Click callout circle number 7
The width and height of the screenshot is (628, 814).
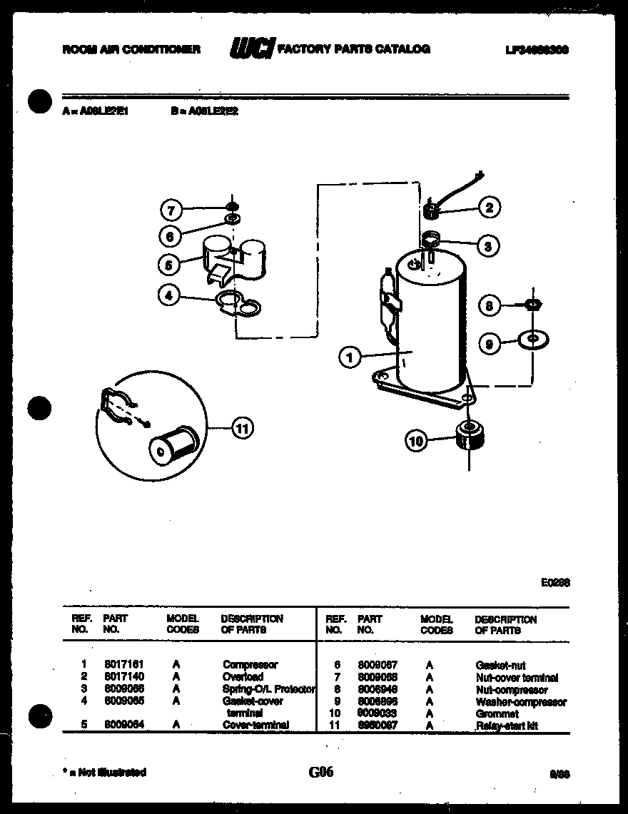point(171,210)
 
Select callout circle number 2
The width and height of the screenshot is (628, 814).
point(488,208)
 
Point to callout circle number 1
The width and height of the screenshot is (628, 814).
point(349,357)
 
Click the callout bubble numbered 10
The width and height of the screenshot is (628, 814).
point(416,442)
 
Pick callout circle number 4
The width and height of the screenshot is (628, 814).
point(168,295)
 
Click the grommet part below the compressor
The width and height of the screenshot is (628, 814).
point(469,434)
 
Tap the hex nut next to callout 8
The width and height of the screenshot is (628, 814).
point(531,305)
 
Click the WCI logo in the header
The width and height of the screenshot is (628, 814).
point(251,49)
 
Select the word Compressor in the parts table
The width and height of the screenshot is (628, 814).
point(250,664)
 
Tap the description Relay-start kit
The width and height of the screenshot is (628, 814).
point(507,726)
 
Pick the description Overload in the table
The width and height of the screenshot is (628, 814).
point(243,676)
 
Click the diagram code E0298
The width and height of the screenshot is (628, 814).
point(555,582)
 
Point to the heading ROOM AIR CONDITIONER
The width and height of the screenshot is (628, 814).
point(131,49)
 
